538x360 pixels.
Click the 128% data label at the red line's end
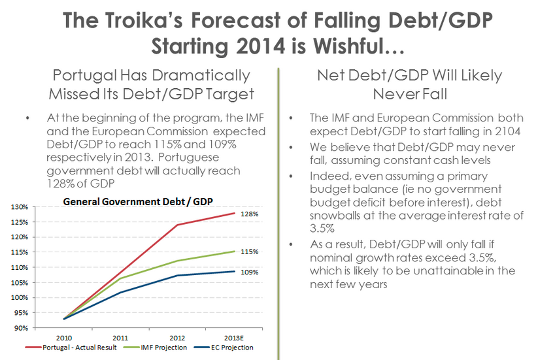252,214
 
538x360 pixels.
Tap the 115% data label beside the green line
252,252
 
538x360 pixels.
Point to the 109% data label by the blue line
252,272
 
